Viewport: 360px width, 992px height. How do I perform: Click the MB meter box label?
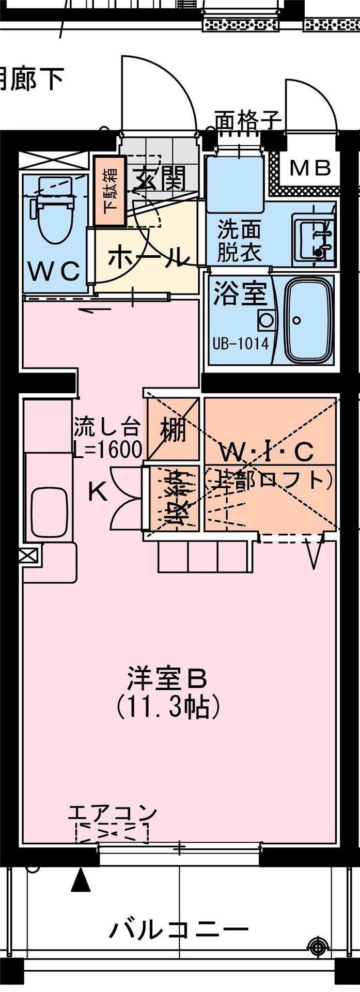point(310,168)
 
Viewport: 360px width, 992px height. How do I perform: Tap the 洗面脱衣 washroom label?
point(239,241)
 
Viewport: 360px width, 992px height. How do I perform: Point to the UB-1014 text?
point(241,344)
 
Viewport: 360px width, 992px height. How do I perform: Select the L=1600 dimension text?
point(107,450)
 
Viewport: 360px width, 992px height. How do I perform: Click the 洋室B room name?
point(167,679)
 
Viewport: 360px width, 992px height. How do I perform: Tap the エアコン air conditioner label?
point(112,813)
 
